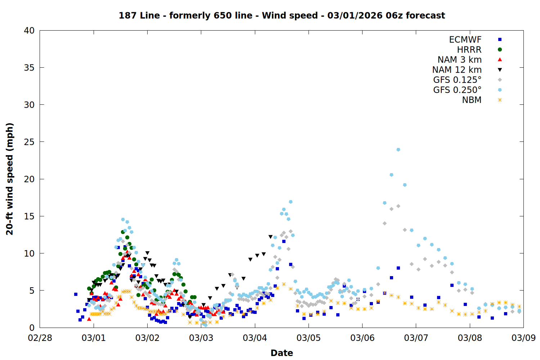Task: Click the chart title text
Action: pyautogui.click(x=282, y=15)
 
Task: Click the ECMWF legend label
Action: pyautogui.click(x=465, y=40)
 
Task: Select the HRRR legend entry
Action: pyautogui.click(x=469, y=50)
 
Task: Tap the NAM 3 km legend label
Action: pyautogui.click(x=459, y=60)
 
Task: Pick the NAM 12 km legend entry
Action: pyautogui.click(x=457, y=70)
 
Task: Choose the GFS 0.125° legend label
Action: pyautogui.click(x=457, y=80)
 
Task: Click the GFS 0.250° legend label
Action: pyautogui.click(x=457, y=90)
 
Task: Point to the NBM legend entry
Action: pyautogui.click(x=472, y=100)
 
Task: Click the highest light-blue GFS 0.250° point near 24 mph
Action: pyautogui.click(x=398, y=149)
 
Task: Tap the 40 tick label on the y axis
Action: pyautogui.click(x=29, y=31)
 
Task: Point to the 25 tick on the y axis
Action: pyautogui.click(x=29, y=142)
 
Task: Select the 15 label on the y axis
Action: pyautogui.click(x=29, y=216)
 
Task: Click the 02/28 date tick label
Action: pyautogui.click(x=40, y=338)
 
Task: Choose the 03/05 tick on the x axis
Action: pyautogui.click(x=309, y=338)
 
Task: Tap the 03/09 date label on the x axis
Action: pyautogui.click(x=523, y=338)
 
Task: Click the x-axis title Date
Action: pyautogui.click(x=282, y=353)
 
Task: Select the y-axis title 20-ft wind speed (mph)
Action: pyautogui.click(x=10, y=179)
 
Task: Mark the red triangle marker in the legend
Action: pyautogui.click(x=500, y=60)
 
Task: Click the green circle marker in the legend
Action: pyautogui.click(x=500, y=50)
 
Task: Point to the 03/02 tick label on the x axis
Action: pyautogui.click(x=147, y=338)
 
